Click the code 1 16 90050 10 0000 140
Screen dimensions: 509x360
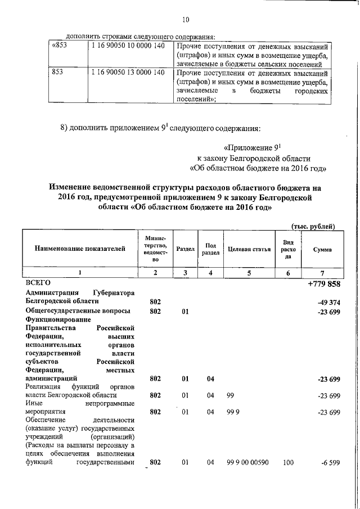pyautogui.click(x=127, y=46)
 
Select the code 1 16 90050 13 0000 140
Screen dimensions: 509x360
pyautogui.click(x=127, y=73)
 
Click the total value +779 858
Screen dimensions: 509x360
pyautogui.click(x=324, y=283)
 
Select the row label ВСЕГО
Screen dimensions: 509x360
pyautogui.click(x=38, y=282)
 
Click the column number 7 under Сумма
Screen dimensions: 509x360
pyautogui.click(x=322, y=273)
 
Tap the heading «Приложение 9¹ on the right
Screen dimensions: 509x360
pyautogui.click(x=251, y=148)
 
